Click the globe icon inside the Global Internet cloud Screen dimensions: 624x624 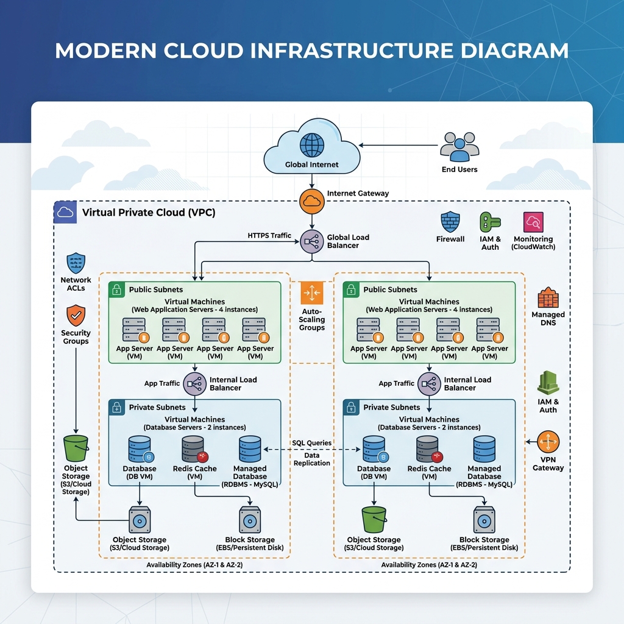click(311, 145)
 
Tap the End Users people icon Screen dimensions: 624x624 click(459, 146)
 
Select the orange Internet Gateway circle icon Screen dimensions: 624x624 click(311, 201)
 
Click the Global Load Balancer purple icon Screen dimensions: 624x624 click(311, 241)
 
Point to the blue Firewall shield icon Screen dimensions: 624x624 click(450, 222)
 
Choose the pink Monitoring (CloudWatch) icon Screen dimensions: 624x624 click(533, 222)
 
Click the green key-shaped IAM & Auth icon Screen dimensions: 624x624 click(489, 222)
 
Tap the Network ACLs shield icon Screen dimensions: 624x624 click(76, 263)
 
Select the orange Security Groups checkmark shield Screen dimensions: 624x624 click(76, 316)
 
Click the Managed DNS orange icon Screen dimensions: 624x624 click(548, 297)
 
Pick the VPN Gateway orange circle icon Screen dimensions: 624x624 click(548, 442)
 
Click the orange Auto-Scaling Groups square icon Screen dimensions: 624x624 click(311, 293)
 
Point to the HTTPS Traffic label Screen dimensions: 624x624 click(269, 236)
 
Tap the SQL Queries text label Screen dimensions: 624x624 click(311, 443)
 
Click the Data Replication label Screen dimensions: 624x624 click(311, 459)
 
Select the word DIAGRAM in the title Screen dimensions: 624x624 click(515, 51)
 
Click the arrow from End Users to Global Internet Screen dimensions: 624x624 click(398, 145)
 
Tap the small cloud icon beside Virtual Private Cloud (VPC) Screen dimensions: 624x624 click(65, 212)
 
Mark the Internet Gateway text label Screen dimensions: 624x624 click(358, 193)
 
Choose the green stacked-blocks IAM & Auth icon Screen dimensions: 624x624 click(548, 383)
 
